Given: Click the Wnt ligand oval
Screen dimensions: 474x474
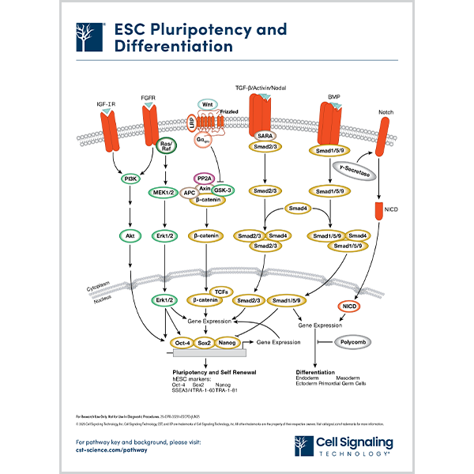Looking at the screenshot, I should pyautogui.click(x=207, y=104).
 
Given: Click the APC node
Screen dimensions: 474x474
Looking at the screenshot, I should pyautogui.click(x=190, y=192).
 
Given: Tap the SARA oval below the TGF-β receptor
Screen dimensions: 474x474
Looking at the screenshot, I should pyautogui.click(x=265, y=135).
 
